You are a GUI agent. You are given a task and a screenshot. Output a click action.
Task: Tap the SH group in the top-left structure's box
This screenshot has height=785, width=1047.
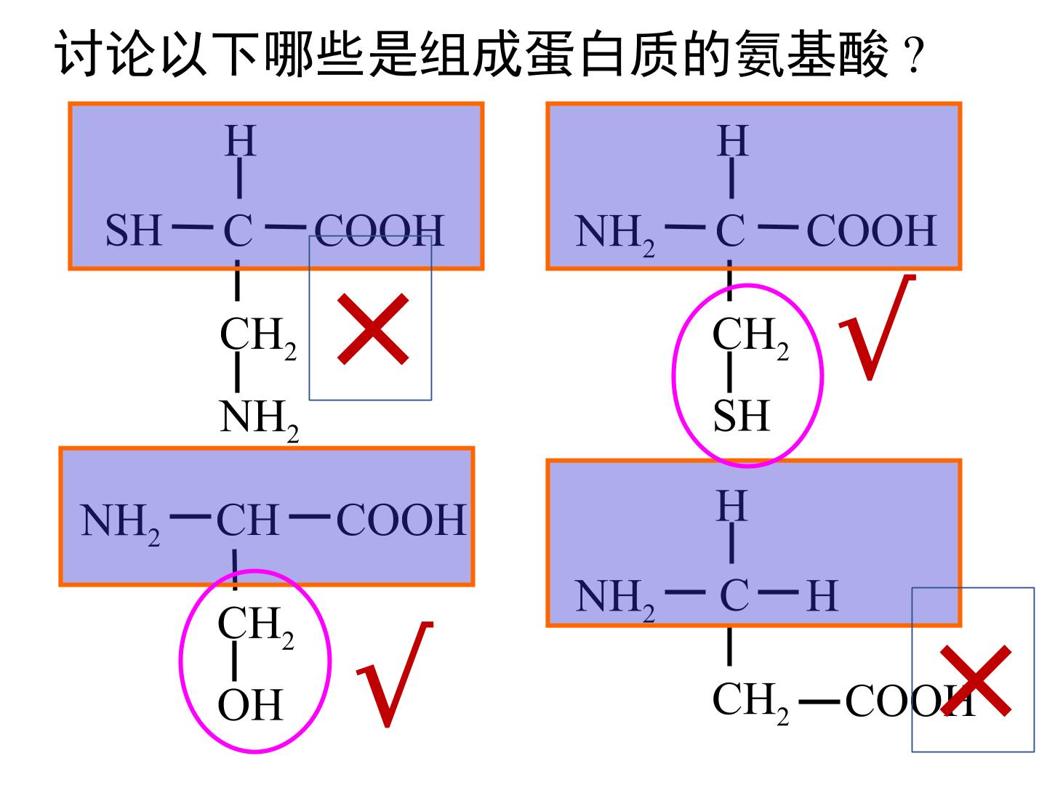pos(134,230)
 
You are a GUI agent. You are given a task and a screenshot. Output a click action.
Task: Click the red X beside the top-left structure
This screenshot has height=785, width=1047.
pos(373,329)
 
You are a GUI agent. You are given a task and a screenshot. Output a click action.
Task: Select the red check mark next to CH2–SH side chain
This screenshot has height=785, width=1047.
pos(877,327)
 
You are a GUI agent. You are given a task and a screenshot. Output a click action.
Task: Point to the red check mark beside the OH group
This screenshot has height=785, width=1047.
pos(395,675)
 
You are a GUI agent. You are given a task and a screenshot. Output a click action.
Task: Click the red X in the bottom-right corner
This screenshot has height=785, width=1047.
pos(976,681)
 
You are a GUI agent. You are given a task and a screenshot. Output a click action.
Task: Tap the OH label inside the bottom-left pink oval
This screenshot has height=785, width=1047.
pos(250,705)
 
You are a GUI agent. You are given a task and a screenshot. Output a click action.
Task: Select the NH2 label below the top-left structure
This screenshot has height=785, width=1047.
pos(259,420)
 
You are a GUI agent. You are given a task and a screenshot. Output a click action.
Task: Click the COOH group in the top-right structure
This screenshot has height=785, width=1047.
pos(872,230)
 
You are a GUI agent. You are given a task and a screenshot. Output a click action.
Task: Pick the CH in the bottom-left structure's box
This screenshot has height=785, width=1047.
pos(248,520)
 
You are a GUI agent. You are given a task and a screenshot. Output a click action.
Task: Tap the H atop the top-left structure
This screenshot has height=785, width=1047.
pos(241,140)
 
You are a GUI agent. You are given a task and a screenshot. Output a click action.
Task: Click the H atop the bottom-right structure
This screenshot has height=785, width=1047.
pos(732,506)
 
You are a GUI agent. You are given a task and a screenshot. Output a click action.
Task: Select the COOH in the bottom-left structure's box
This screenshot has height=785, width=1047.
pos(401,520)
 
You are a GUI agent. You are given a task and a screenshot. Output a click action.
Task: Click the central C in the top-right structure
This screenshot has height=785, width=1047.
pos(730,230)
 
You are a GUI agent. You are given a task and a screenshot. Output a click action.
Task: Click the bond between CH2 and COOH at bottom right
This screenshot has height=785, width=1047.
pos(819,701)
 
